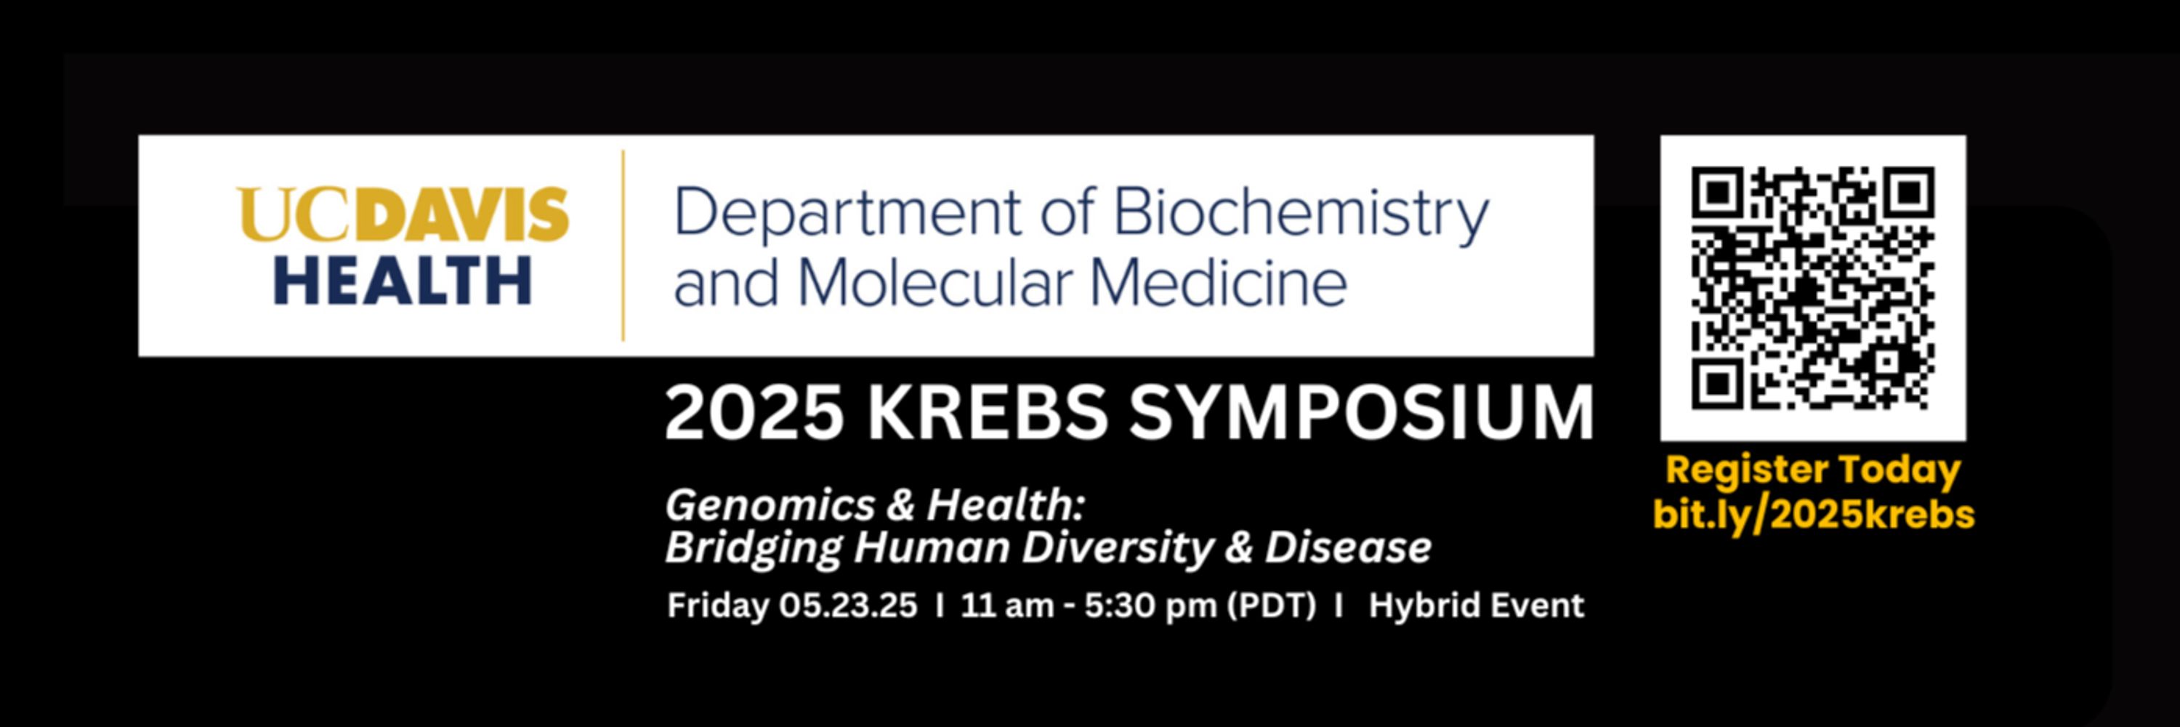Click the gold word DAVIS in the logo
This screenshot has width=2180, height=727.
tap(461, 215)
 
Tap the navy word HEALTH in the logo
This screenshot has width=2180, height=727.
tap(403, 281)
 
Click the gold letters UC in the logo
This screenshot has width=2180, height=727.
tap(295, 215)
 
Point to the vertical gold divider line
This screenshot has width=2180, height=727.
tap(623, 246)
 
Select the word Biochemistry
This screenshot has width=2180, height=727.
tap(1301, 215)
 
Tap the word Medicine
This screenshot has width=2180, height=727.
tap(1219, 283)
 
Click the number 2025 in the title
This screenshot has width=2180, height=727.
tap(754, 413)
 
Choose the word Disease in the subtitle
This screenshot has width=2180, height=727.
tap(1348, 547)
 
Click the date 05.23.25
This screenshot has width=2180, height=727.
tap(848, 605)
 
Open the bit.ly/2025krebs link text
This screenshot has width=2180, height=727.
tap(1814, 515)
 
